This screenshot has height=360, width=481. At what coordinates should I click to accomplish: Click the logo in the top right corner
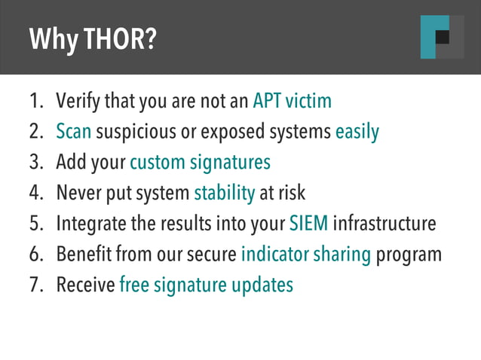pos(442,37)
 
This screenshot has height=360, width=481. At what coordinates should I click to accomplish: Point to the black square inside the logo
pos(443,37)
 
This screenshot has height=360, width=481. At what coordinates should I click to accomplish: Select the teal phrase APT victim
pos(292,101)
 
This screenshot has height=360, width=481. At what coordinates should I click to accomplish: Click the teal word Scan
pos(74,132)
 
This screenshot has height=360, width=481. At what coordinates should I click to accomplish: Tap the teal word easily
pos(357,132)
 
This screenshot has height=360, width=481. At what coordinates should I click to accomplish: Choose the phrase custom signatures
pos(200,163)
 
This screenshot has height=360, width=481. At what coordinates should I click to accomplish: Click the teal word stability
pos(224,193)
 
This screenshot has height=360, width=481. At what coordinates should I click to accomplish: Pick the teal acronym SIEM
pos(308,224)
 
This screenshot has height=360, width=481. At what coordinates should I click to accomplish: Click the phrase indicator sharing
pos(305,255)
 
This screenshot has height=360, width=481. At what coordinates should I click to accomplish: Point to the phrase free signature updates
pos(206,285)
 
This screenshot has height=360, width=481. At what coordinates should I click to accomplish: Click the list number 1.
pos(35,101)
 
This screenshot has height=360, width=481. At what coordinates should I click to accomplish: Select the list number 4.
pos(35,193)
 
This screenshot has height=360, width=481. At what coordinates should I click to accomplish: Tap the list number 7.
pos(35,285)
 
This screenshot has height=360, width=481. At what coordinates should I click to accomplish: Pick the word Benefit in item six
pos(83,255)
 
